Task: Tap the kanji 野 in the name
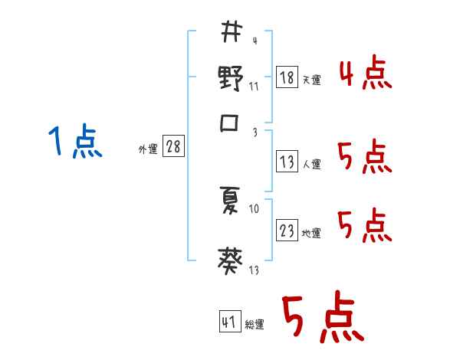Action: (x=231, y=79)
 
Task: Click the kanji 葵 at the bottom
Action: (x=231, y=262)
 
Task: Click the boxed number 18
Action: (x=287, y=77)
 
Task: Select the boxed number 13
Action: (x=287, y=162)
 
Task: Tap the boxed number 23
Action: (x=287, y=231)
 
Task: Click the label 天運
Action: (x=311, y=80)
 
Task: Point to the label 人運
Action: (x=311, y=164)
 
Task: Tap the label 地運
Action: (x=311, y=233)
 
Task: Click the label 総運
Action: (x=254, y=325)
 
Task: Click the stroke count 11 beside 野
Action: (x=253, y=86)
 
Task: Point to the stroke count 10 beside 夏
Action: (x=254, y=208)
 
